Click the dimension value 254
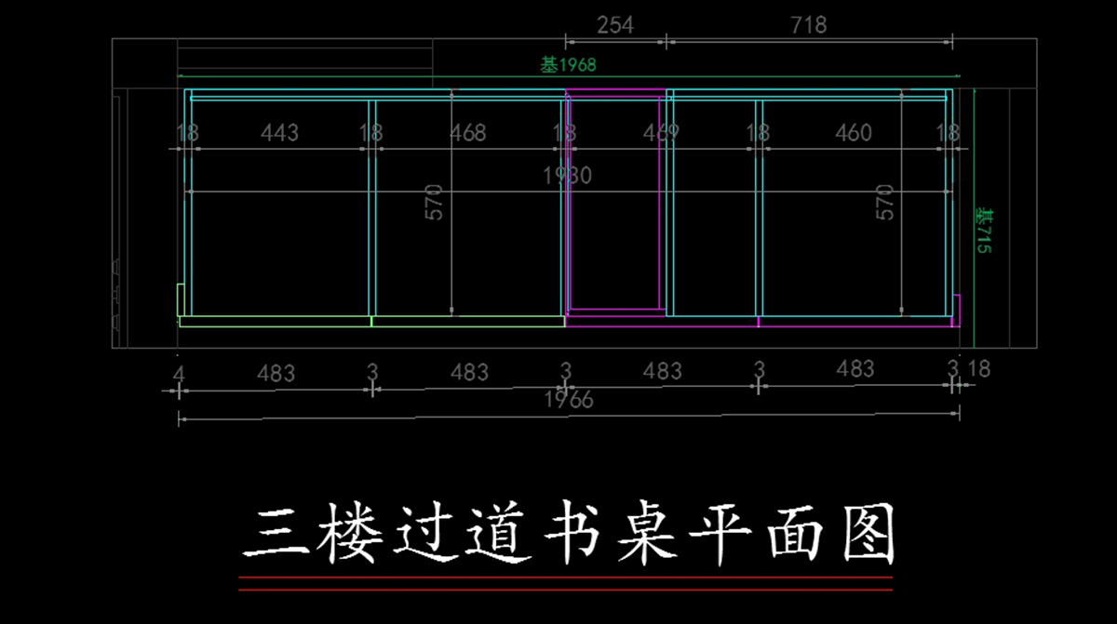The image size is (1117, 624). (x=615, y=25)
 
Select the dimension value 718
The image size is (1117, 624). (x=808, y=25)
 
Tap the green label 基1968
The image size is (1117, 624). (x=568, y=65)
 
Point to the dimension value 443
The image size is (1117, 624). (x=279, y=133)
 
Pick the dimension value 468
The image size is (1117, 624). (x=467, y=133)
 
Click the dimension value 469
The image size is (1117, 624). (x=661, y=133)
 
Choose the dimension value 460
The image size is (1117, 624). (x=853, y=133)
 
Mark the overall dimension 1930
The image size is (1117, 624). (x=568, y=175)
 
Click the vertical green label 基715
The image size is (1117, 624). (x=983, y=232)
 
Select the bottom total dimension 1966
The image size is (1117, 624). (x=568, y=400)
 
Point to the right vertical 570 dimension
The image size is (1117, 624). (x=885, y=202)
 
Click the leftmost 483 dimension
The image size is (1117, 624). (x=276, y=373)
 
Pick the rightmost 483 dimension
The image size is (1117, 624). (x=855, y=369)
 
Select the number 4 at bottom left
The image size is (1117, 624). (x=179, y=373)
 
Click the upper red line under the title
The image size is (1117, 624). (x=565, y=578)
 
